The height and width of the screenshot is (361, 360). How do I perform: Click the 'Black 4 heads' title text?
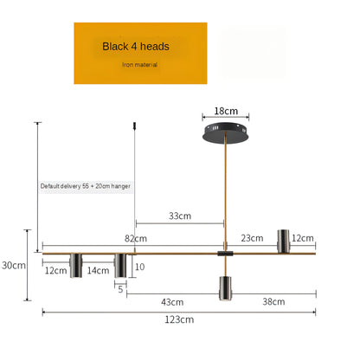(136, 46)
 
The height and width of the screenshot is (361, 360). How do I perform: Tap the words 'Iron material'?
(139, 64)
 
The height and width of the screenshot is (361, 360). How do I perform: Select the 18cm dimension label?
(225, 112)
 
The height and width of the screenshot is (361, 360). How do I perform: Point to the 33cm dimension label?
(180, 216)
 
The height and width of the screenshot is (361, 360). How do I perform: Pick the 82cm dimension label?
(136, 238)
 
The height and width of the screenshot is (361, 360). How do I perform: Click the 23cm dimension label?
(252, 238)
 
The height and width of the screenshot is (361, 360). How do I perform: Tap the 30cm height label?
(14, 265)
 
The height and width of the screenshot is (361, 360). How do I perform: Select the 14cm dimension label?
(98, 270)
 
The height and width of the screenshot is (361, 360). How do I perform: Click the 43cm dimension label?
(172, 302)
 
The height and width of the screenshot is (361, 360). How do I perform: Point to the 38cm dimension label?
(273, 302)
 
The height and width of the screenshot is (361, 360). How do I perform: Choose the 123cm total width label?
(179, 319)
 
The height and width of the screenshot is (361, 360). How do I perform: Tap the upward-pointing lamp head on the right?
(281, 241)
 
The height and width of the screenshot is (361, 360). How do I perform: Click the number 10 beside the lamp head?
(139, 267)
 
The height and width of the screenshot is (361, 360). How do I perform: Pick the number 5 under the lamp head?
(120, 289)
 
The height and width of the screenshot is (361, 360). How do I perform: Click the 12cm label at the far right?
(303, 238)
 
